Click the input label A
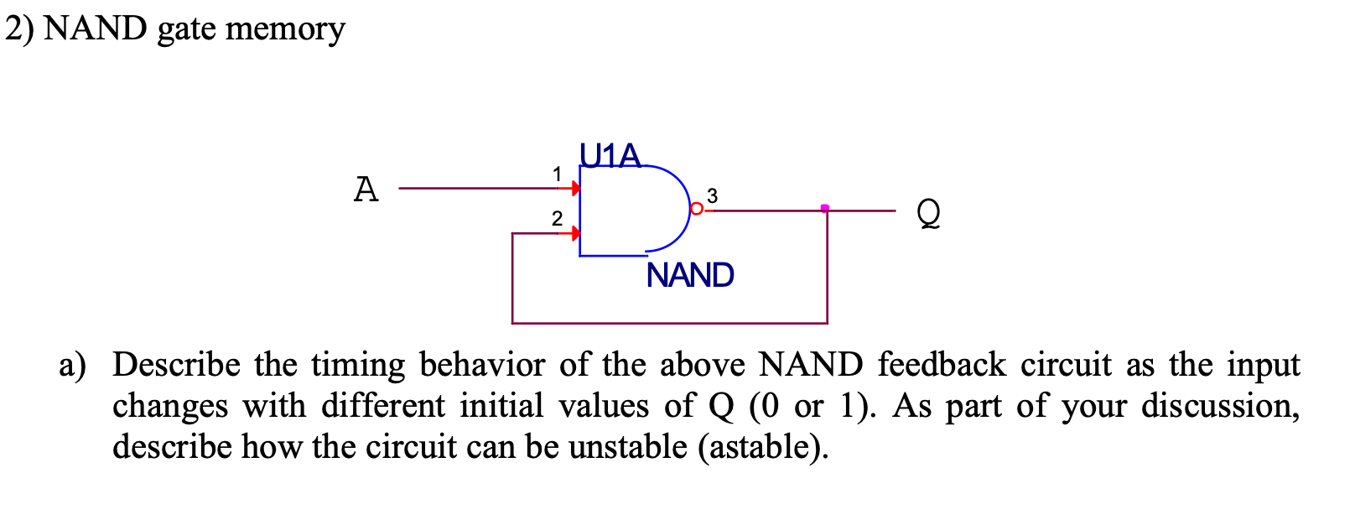[x=366, y=190]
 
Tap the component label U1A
[x=610, y=156]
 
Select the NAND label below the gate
[x=690, y=275]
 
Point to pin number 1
[x=557, y=174]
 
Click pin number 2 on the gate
[x=557, y=219]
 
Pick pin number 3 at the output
[x=712, y=195]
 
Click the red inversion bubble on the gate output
[x=696, y=209]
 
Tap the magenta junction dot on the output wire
[x=825, y=208]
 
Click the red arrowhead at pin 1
[x=576, y=189]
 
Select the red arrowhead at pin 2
[x=576, y=232]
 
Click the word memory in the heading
[x=285, y=29]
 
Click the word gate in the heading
[x=187, y=30]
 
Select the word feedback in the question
[x=942, y=365]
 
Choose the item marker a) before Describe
[x=72, y=366]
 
